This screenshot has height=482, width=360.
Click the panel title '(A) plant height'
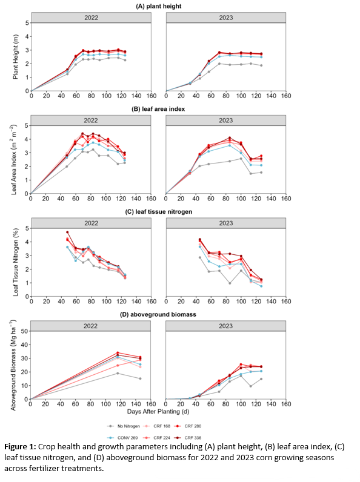[158, 6]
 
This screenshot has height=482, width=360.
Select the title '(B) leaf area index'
[158, 109]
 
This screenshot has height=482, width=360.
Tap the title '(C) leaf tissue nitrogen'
[158, 212]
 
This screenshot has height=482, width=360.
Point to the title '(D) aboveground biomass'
[158, 314]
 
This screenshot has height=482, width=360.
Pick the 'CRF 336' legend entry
[188, 438]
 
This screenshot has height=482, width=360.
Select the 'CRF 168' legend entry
[156, 426]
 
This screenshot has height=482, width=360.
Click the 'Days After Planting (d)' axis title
[158, 412]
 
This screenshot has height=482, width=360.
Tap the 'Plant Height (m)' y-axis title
[16, 57]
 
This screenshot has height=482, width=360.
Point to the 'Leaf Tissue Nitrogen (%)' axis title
[16, 262]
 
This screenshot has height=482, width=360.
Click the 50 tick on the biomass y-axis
[24, 331]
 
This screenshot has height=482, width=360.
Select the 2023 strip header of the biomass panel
[226, 326]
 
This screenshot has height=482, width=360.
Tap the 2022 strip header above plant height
[91, 18]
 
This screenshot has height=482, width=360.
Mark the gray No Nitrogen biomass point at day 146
[141, 378]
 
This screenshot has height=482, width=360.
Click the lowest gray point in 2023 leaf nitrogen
[230, 283]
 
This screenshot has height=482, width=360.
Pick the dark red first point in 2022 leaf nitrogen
[67, 232]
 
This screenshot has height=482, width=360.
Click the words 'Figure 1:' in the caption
[21, 447]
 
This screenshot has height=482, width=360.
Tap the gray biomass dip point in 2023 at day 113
[251, 386]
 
